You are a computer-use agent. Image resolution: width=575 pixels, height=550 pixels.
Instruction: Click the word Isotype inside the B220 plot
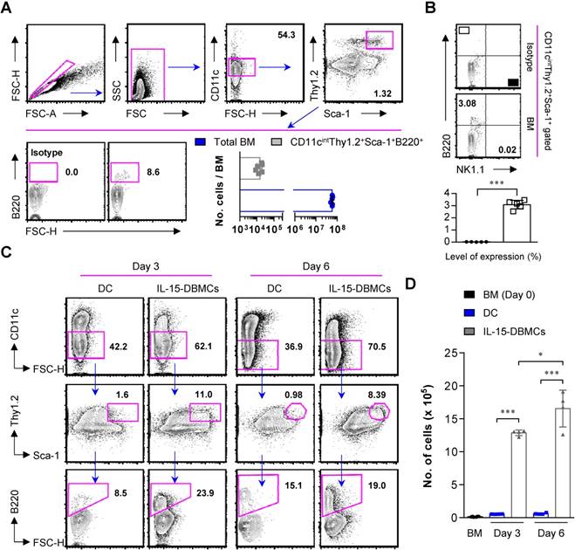(x=49, y=149)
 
